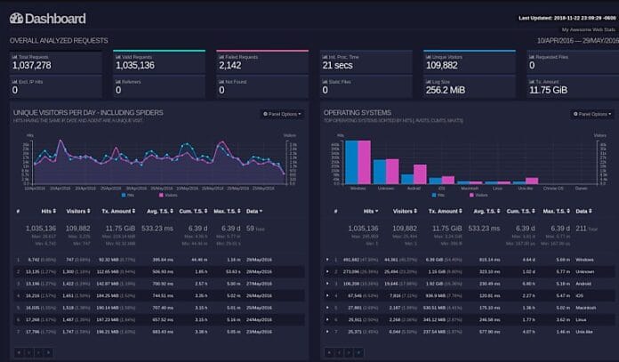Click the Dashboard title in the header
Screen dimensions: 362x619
click(48, 18)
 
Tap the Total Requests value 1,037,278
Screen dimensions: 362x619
click(31, 65)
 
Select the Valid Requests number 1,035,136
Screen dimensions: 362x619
click(135, 65)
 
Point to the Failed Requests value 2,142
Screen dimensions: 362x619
click(229, 65)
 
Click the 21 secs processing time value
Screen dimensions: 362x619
click(339, 65)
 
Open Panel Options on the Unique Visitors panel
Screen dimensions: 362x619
click(281, 114)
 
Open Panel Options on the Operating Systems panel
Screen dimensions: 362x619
click(591, 114)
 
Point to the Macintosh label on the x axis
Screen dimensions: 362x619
click(470, 189)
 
